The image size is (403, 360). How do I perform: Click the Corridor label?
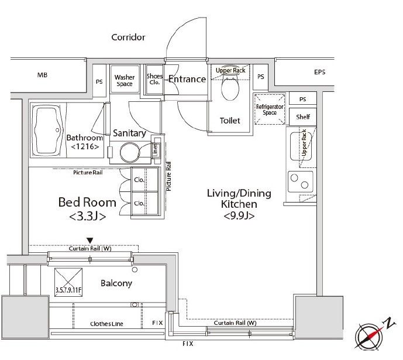point(128,37)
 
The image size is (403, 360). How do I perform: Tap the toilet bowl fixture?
point(230,87)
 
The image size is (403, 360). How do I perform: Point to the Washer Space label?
point(125,80)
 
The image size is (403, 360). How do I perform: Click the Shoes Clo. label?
point(154,79)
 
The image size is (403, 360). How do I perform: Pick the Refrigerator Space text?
point(270,109)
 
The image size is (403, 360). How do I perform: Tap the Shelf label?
point(303,117)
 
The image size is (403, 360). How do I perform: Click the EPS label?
point(320,72)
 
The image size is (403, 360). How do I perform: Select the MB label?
point(42,75)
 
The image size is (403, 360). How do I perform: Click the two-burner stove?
point(301,182)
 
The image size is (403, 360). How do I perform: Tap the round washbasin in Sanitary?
point(129,153)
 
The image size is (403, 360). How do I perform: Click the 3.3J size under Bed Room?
point(87,216)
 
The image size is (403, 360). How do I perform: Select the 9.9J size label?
point(239,215)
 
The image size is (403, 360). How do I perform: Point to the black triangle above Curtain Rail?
point(89,241)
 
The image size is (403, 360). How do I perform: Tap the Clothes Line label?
point(106,324)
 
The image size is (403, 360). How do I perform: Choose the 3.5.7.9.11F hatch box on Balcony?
point(68,282)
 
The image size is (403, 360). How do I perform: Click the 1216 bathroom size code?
point(85,147)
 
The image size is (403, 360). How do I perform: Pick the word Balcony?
point(116,283)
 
